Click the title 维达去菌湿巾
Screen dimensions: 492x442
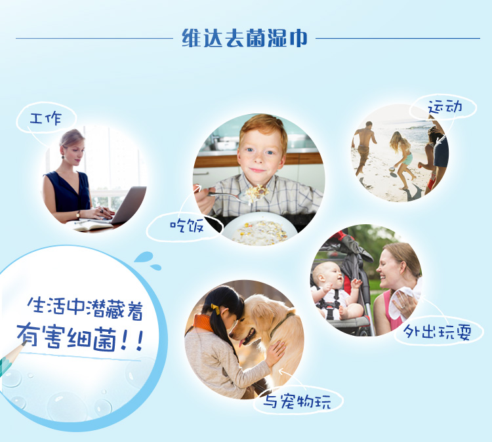(x=245, y=38)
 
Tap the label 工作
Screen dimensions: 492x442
(x=46, y=119)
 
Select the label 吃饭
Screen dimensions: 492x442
(x=187, y=225)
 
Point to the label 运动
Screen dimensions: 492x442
(x=445, y=107)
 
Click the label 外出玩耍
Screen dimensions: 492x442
(x=437, y=332)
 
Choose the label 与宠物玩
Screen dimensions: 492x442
(x=297, y=401)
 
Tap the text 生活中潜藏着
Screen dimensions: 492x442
(x=85, y=308)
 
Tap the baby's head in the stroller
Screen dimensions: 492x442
(x=326, y=273)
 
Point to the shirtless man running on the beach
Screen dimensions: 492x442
(x=364, y=148)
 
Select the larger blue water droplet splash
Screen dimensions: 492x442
(x=144, y=256)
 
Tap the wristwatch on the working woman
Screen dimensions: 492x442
(x=77, y=214)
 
